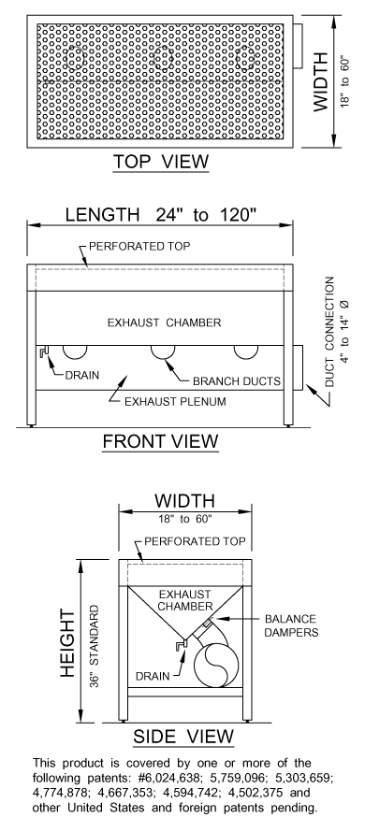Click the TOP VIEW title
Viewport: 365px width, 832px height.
point(160,163)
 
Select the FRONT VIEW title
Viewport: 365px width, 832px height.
point(160,439)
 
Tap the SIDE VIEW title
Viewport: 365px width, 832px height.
point(182,736)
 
